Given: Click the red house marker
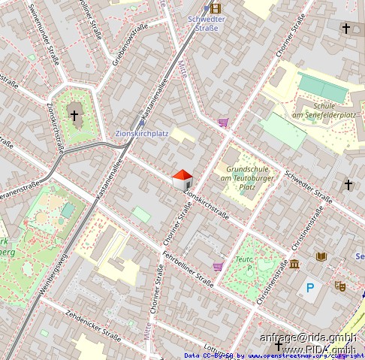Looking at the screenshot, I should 182,179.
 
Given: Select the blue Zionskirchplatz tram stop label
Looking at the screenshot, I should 141,134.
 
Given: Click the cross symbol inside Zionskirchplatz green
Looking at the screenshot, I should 74,116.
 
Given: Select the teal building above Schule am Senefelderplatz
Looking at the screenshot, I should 323,87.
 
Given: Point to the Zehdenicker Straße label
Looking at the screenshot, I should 94,324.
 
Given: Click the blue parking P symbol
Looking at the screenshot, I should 310,286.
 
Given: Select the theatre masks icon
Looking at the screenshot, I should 339,286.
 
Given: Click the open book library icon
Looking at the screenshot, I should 321,257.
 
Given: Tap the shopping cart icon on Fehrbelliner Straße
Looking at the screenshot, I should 218,266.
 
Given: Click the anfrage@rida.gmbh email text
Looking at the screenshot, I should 308,337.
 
